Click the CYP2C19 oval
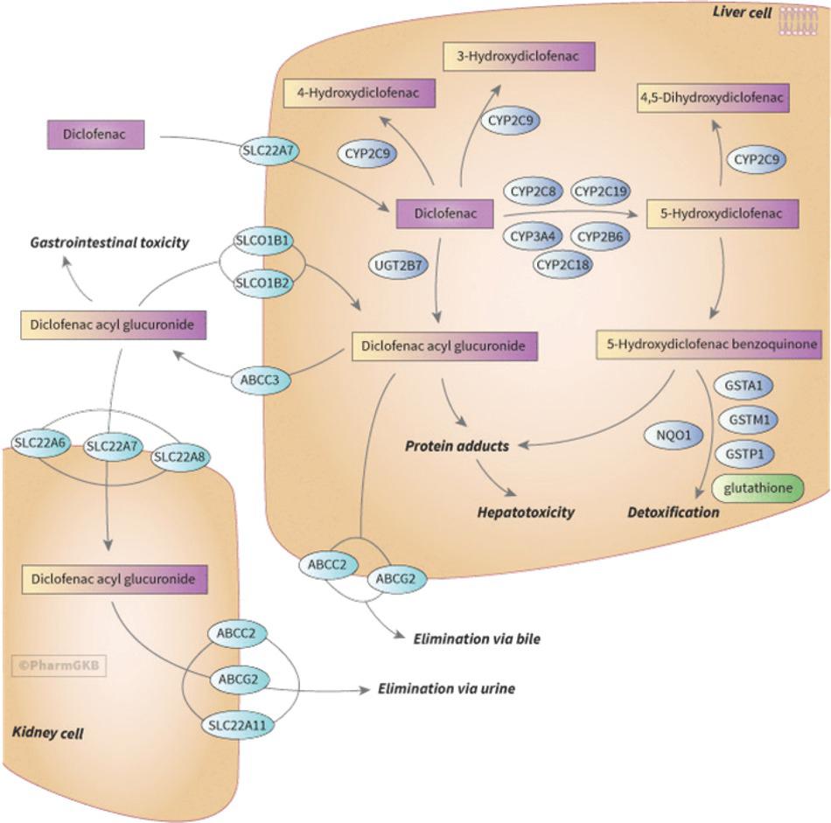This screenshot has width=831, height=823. point(601,191)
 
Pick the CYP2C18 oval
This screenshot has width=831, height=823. point(568,262)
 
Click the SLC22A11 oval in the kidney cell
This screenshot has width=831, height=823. point(237,725)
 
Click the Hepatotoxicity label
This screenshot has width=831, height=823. point(526,513)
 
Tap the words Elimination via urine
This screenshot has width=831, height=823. point(446,688)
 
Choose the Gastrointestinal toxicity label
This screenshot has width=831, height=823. point(109,242)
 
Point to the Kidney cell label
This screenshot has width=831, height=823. point(48,733)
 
